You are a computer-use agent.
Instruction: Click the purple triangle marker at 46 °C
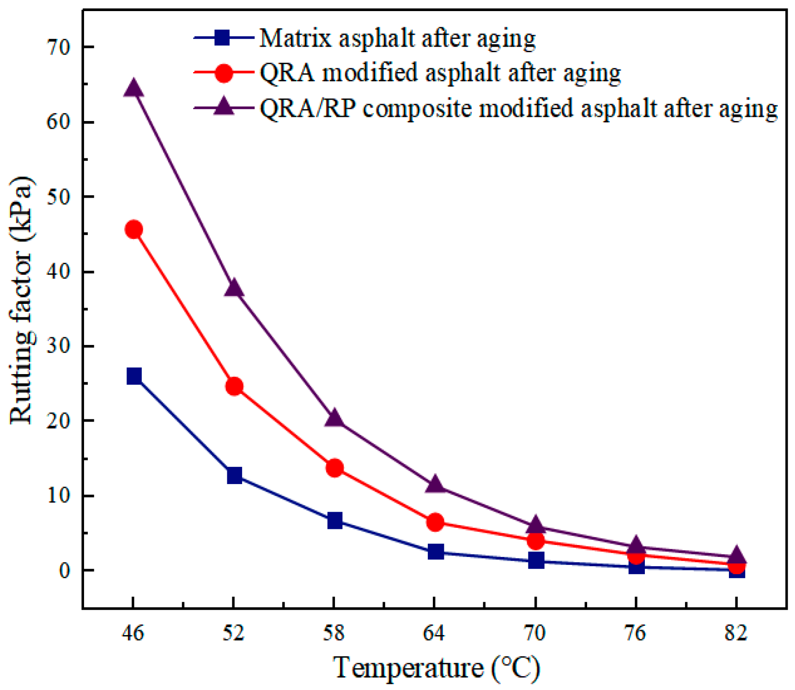[x=134, y=88]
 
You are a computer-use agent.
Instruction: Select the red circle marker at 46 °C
[x=134, y=230]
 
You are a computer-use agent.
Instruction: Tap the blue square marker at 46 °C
[x=134, y=376]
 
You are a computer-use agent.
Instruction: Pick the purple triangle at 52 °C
[x=234, y=289]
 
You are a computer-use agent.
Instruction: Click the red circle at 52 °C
[x=234, y=386]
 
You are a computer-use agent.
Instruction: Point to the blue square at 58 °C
[x=334, y=521]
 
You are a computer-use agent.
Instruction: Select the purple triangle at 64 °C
[x=435, y=484]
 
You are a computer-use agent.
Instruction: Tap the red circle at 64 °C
[x=435, y=522]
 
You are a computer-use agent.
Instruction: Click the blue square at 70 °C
[x=536, y=560]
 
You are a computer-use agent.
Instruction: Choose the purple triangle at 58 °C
[x=334, y=418]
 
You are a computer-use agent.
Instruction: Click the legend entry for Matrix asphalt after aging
[x=397, y=38]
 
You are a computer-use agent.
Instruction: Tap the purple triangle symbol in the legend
[x=224, y=107]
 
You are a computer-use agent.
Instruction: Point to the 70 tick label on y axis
[x=58, y=47]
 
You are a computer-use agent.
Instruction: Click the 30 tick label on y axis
[x=58, y=346]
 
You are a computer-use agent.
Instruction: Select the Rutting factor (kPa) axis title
[x=21, y=300]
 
